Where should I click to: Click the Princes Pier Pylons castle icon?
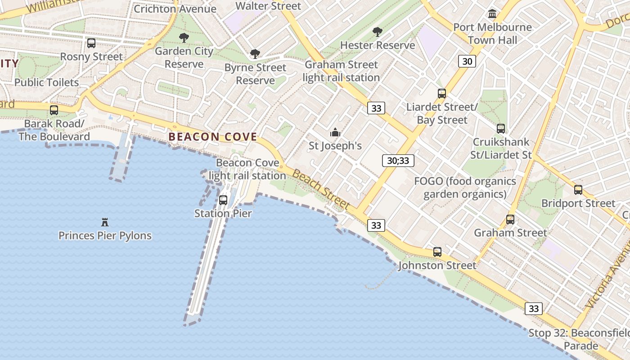point(105,222)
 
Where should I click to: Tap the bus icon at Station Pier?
point(223,200)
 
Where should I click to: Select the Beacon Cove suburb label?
point(212,137)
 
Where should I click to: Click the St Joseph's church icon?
point(335,133)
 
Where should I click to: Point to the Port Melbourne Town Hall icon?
point(492,14)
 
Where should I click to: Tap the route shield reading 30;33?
point(398,161)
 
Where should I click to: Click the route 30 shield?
point(467,61)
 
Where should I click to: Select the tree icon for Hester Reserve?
point(377,32)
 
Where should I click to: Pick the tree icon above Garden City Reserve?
point(184,38)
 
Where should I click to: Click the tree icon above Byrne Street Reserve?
point(255,54)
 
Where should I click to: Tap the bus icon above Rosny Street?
point(91,43)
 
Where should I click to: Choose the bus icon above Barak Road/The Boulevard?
point(54,110)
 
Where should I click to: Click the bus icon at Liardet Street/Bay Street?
point(442,94)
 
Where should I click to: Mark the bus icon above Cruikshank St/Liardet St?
point(501,129)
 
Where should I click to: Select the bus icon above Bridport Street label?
point(578,190)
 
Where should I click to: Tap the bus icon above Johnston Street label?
point(437,252)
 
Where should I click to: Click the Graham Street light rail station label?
point(342,71)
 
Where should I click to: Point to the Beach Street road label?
point(321,189)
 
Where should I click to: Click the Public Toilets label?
point(46,82)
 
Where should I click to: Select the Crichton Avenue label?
point(175,9)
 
